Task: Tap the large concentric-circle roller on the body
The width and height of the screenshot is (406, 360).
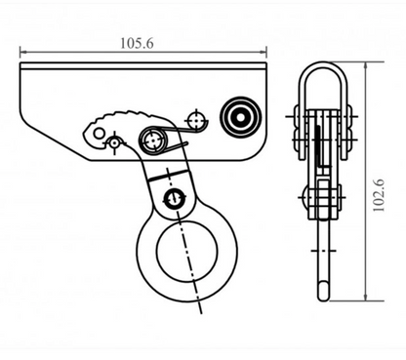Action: pyautogui.click(x=238, y=116)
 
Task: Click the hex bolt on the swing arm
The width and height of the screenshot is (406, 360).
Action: pyautogui.click(x=175, y=199)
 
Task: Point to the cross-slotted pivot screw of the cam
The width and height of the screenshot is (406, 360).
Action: pyautogui.click(x=152, y=140)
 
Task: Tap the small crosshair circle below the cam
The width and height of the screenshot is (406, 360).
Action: pyautogui.click(x=115, y=144)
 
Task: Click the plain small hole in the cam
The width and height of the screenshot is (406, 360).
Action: pyautogui.click(x=95, y=131)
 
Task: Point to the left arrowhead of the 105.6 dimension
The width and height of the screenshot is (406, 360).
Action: pyautogui.click(x=23, y=53)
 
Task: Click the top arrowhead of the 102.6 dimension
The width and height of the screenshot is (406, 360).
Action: pyautogui.click(x=366, y=66)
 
